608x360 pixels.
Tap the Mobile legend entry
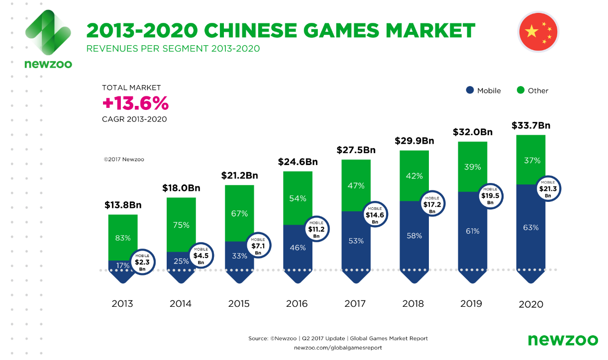483,90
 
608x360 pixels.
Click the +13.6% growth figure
135,104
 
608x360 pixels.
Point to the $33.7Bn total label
531,125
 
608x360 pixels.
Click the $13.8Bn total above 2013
123,205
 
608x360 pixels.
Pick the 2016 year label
297,303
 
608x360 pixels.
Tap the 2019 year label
471,303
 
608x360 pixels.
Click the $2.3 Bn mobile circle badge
142,262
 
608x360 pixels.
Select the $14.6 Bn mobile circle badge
374,215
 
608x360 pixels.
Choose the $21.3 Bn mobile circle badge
548,189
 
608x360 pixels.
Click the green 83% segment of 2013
123,238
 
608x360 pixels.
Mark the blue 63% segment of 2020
531,228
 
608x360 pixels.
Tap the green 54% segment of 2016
298,198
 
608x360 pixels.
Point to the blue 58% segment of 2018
414,236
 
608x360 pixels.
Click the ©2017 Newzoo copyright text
123,160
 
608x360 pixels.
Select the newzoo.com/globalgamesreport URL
338,348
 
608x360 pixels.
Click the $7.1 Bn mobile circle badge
258,245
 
